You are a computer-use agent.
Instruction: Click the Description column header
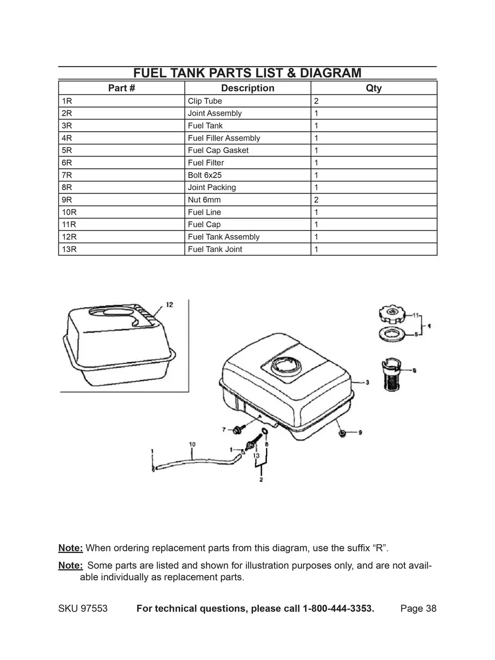coord(247,88)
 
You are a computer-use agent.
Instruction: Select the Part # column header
coord(121,88)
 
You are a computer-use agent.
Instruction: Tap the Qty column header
coord(374,88)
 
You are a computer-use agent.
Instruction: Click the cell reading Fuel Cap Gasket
coord(218,150)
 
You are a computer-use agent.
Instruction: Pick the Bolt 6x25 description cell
coord(204,175)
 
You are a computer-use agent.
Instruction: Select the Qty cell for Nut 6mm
coord(316,200)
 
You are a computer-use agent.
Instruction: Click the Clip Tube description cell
coord(205,101)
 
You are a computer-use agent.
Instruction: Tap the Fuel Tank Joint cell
coord(215,249)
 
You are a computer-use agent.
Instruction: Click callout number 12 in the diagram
coord(169,304)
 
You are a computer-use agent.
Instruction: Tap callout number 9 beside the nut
coord(360,433)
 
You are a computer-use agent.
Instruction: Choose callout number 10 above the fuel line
coord(192,445)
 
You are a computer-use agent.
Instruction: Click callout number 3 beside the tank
coord(367,382)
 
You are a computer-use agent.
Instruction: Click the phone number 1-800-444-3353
coord(338,609)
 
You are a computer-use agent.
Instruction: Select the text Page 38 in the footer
coord(418,609)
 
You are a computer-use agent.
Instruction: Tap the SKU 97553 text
coord(82,609)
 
